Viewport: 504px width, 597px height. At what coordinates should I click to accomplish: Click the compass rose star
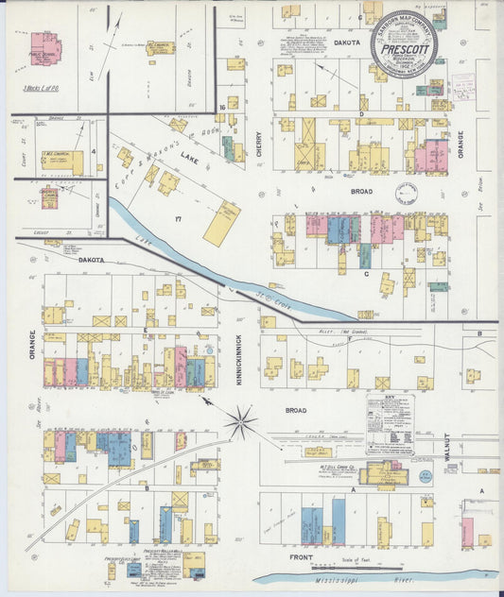(240, 421)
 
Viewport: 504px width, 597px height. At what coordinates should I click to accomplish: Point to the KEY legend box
(390, 424)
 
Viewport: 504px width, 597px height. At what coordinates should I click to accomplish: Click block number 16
(222, 108)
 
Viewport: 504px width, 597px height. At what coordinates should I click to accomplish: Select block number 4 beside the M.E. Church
(94, 150)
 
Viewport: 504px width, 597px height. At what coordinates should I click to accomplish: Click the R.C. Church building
(160, 46)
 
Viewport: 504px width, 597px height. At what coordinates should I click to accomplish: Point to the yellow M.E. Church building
(62, 162)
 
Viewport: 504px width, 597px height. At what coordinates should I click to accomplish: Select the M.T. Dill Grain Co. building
(383, 473)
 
